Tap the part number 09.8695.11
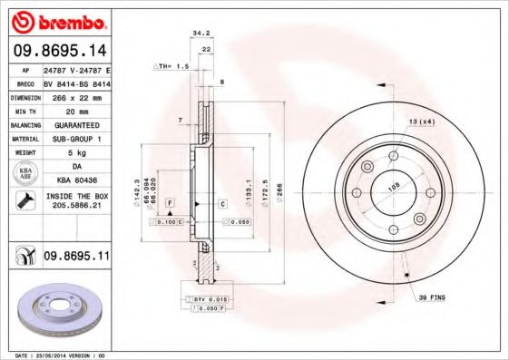coord(77,257)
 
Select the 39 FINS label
coord(430,297)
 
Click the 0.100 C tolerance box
coord(170,221)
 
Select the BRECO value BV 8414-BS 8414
coord(76,80)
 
